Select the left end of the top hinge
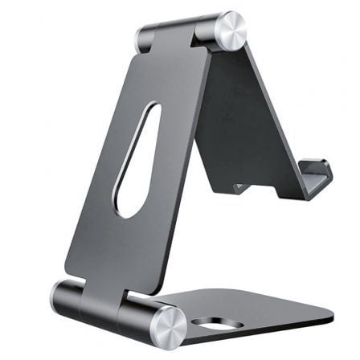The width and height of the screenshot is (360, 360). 145,38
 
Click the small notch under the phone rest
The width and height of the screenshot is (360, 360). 239,188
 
